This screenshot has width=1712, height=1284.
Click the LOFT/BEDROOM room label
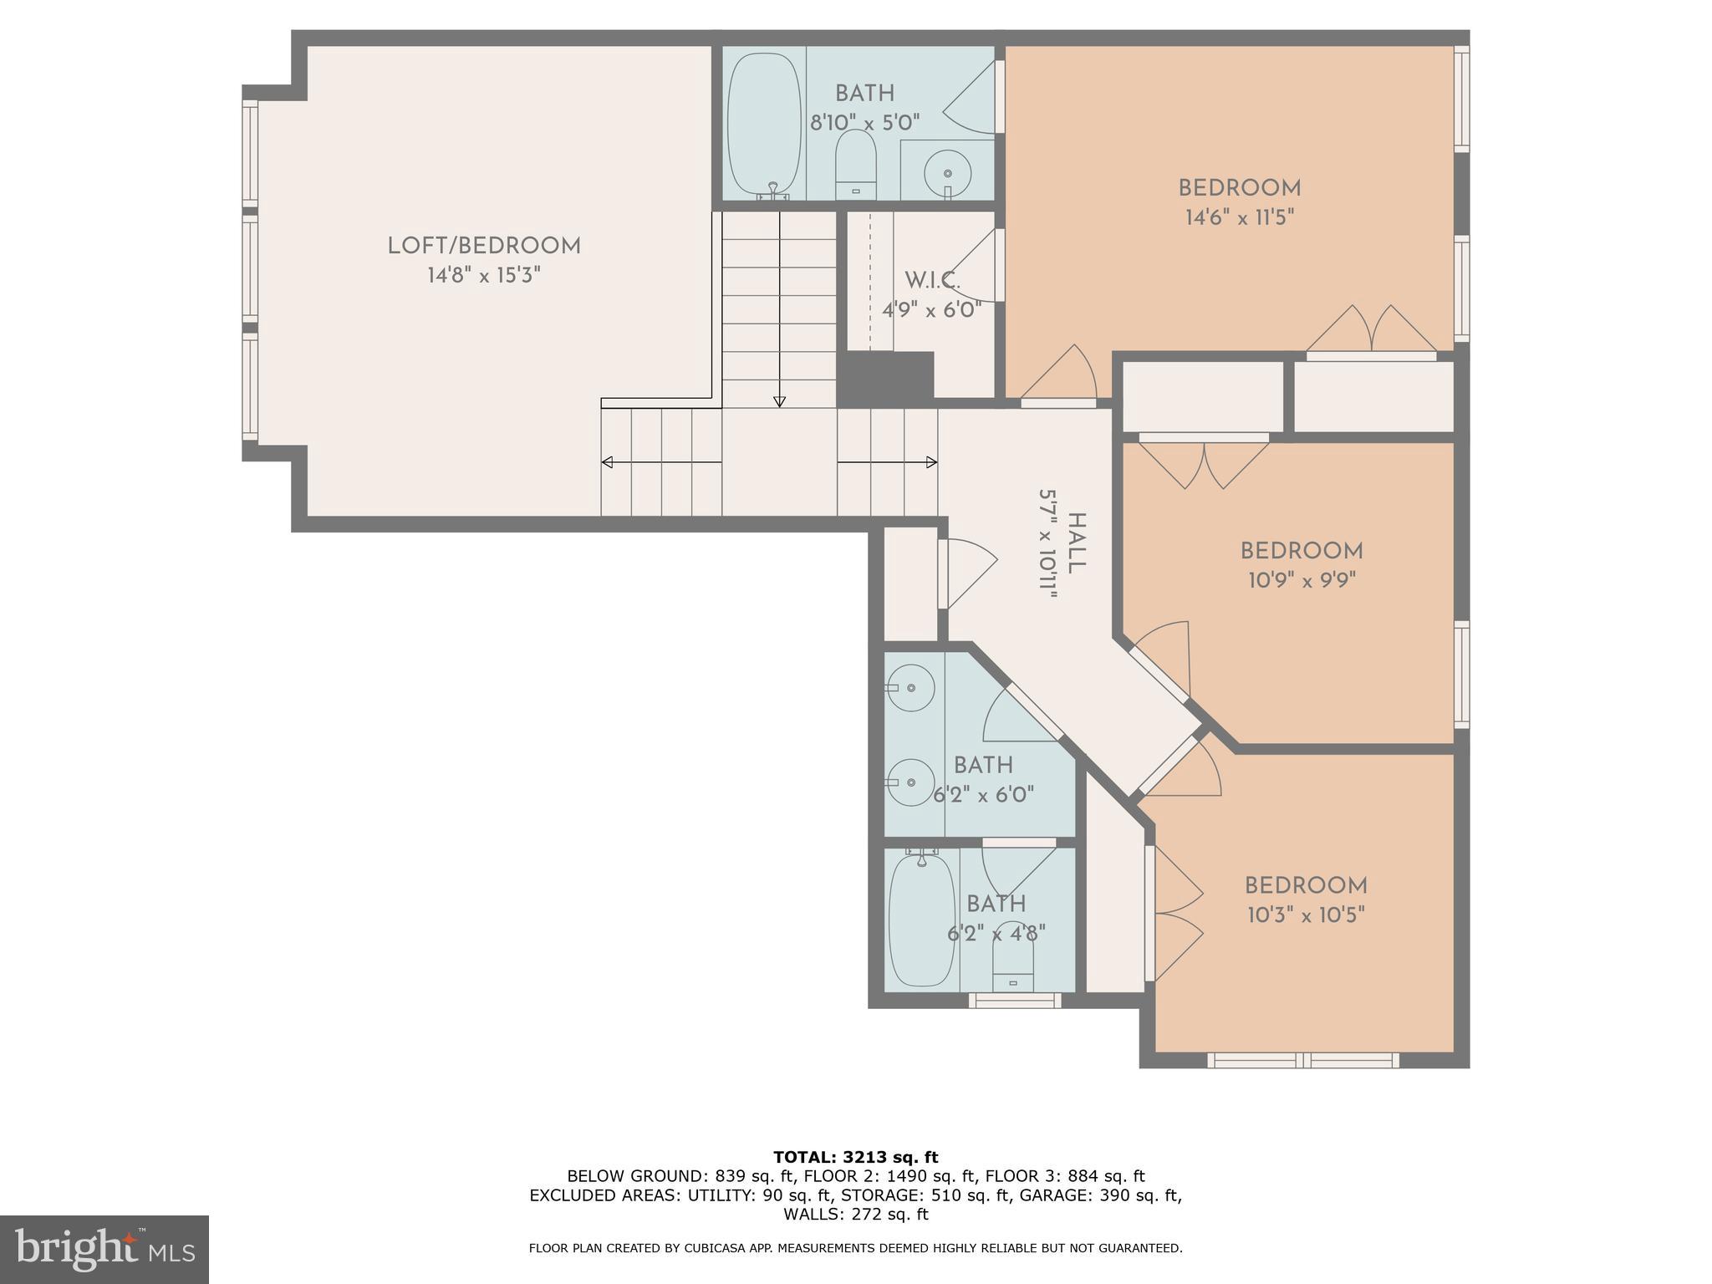click(484, 246)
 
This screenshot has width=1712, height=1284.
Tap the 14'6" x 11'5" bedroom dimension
click(1239, 218)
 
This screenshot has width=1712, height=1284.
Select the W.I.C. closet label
click(932, 280)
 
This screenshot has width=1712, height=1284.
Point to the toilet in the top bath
click(855, 165)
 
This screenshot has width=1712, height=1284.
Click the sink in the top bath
click(947, 172)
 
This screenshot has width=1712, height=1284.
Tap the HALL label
click(1077, 543)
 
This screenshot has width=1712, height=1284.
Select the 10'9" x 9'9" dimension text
click(1302, 580)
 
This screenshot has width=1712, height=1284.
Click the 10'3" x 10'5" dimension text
click(1306, 915)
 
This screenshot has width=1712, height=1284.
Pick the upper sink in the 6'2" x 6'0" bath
click(910, 687)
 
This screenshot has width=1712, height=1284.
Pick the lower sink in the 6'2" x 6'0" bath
click(910, 782)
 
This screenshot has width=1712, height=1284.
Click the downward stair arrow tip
click(779, 402)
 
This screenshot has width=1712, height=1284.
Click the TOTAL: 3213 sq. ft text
click(855, 1158)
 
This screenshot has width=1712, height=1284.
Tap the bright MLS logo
click(104, 1250)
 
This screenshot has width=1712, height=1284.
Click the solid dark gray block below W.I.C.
click(884, 379)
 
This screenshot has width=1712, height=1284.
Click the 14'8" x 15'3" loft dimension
click(484, 276)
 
